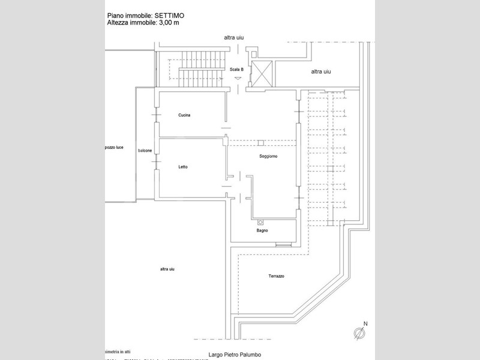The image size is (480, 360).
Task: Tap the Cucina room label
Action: (x=184, y=115)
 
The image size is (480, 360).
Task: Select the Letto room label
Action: (x=183, y=167)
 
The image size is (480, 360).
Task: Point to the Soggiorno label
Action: (x=268, y=156)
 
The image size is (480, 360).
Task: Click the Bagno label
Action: (x=262, y=230)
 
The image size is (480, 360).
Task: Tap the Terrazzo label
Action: (x=276, y=276)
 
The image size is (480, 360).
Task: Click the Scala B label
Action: (x=236, y=70)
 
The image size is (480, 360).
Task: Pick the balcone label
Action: (x=145, y=151)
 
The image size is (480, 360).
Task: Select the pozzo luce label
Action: (x=113, y=148)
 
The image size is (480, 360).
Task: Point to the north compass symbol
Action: (x=359, y=333)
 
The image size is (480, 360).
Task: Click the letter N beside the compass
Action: (x=365, y=324)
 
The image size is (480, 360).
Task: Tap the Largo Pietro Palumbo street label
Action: (x=235, y=355)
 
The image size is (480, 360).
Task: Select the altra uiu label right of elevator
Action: (x=321, y=71)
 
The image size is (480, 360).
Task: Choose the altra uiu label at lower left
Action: (x=167, y=269)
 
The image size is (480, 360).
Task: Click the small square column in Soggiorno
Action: (x=260, y=143)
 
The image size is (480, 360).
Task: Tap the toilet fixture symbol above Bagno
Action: (x=260, y=221)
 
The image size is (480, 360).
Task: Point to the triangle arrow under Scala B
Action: (x=238, y=79)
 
